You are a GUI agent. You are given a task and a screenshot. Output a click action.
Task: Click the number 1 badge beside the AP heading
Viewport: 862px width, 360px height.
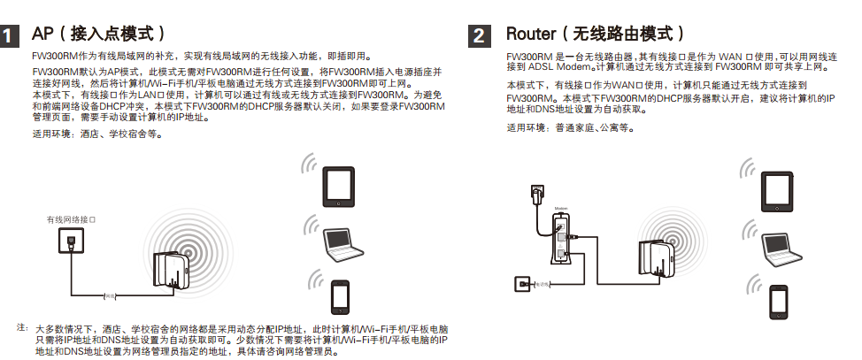coord(11,37)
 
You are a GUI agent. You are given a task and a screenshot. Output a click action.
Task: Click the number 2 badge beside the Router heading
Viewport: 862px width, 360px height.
coord(479,37)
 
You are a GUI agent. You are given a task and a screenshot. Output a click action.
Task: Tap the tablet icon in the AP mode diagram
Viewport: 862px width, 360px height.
coord(341,185)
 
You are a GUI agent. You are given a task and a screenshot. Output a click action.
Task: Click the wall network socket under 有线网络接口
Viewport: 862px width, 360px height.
coord(69,239)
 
